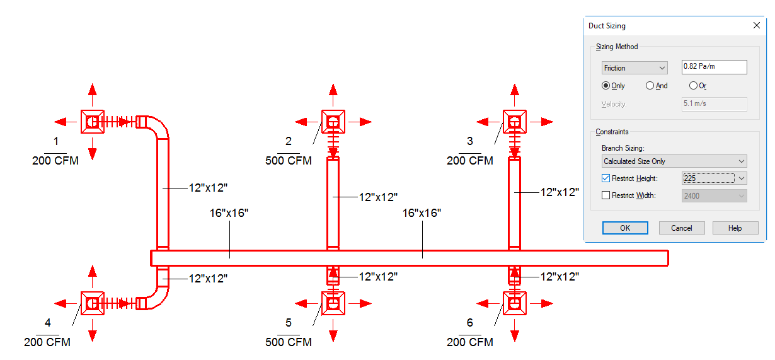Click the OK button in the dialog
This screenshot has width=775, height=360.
point(625,228)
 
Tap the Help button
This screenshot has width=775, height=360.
point(735,228)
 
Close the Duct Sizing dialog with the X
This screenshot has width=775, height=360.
point(757,25)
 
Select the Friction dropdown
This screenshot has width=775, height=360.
point(634,68)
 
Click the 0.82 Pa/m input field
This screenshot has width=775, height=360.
point(714,67)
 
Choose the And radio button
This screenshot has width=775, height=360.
point(650,86)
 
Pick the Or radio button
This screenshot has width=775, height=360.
point(693,86)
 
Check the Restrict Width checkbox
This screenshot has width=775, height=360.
point(606,195)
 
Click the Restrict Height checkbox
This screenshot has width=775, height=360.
point(606,178)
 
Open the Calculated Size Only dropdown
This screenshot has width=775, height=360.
point(674,161)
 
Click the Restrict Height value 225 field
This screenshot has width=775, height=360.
point(709,178)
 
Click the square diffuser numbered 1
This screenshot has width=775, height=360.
point(93,122)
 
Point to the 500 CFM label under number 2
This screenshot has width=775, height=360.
point(289,161)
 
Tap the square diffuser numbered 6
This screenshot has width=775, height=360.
point(515,303)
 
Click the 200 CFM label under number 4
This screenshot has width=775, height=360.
point(47,342)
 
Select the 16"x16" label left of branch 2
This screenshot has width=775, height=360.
point(229,213)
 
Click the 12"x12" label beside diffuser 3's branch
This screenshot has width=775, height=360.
point(560,192)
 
